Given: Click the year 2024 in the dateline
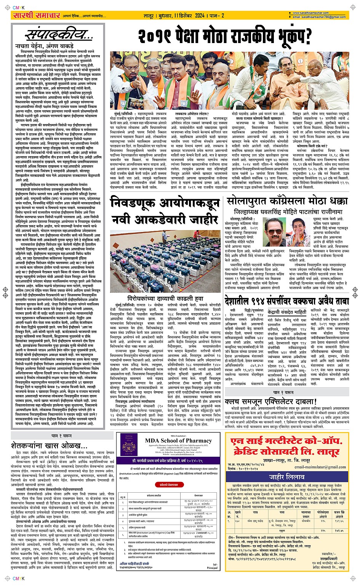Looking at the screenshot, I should [200, 16].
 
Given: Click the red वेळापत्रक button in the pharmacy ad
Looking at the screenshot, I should [168, 485].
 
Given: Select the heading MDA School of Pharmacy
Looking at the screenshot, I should [178, 440].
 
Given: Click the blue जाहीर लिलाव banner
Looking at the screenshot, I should [286, 477].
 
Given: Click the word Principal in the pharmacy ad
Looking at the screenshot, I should [212, 568].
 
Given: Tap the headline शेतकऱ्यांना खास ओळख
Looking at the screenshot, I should [50, 445].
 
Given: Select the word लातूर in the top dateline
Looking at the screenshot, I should [148, 16].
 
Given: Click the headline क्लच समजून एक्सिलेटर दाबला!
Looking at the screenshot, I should [270, 402].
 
